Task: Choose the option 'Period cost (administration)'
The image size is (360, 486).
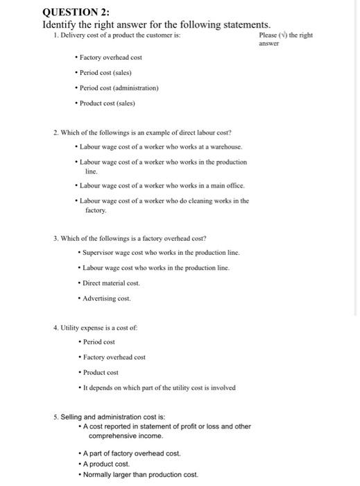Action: point(119,88)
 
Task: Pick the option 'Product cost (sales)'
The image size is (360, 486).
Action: point(108,103)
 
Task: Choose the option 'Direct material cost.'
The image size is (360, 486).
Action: point(112,283)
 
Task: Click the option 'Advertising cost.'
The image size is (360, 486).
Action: point(107,299)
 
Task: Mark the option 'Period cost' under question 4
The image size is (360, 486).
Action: point(98,341)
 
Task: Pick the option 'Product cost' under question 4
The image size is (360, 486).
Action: point(100,372)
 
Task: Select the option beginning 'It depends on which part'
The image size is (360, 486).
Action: point(159,387)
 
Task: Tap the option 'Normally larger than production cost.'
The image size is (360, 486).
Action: point(140,475)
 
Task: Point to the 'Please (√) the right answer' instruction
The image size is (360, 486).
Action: point(285,38)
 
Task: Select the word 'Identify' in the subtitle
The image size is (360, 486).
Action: point(60,24)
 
